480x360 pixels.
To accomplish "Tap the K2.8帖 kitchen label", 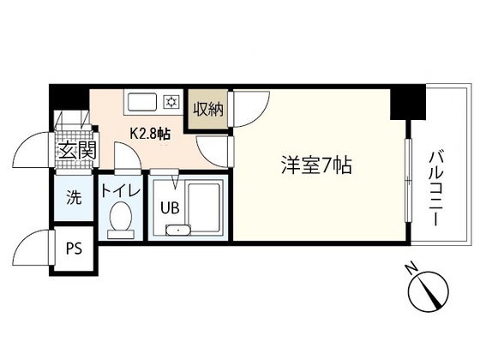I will pos(149,135).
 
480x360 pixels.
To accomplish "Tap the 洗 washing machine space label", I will pos(75,197).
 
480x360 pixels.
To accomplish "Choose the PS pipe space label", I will pos(75,250).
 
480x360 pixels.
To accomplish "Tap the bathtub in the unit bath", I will pos(203,209).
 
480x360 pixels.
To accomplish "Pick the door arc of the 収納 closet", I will pos(243,110).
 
